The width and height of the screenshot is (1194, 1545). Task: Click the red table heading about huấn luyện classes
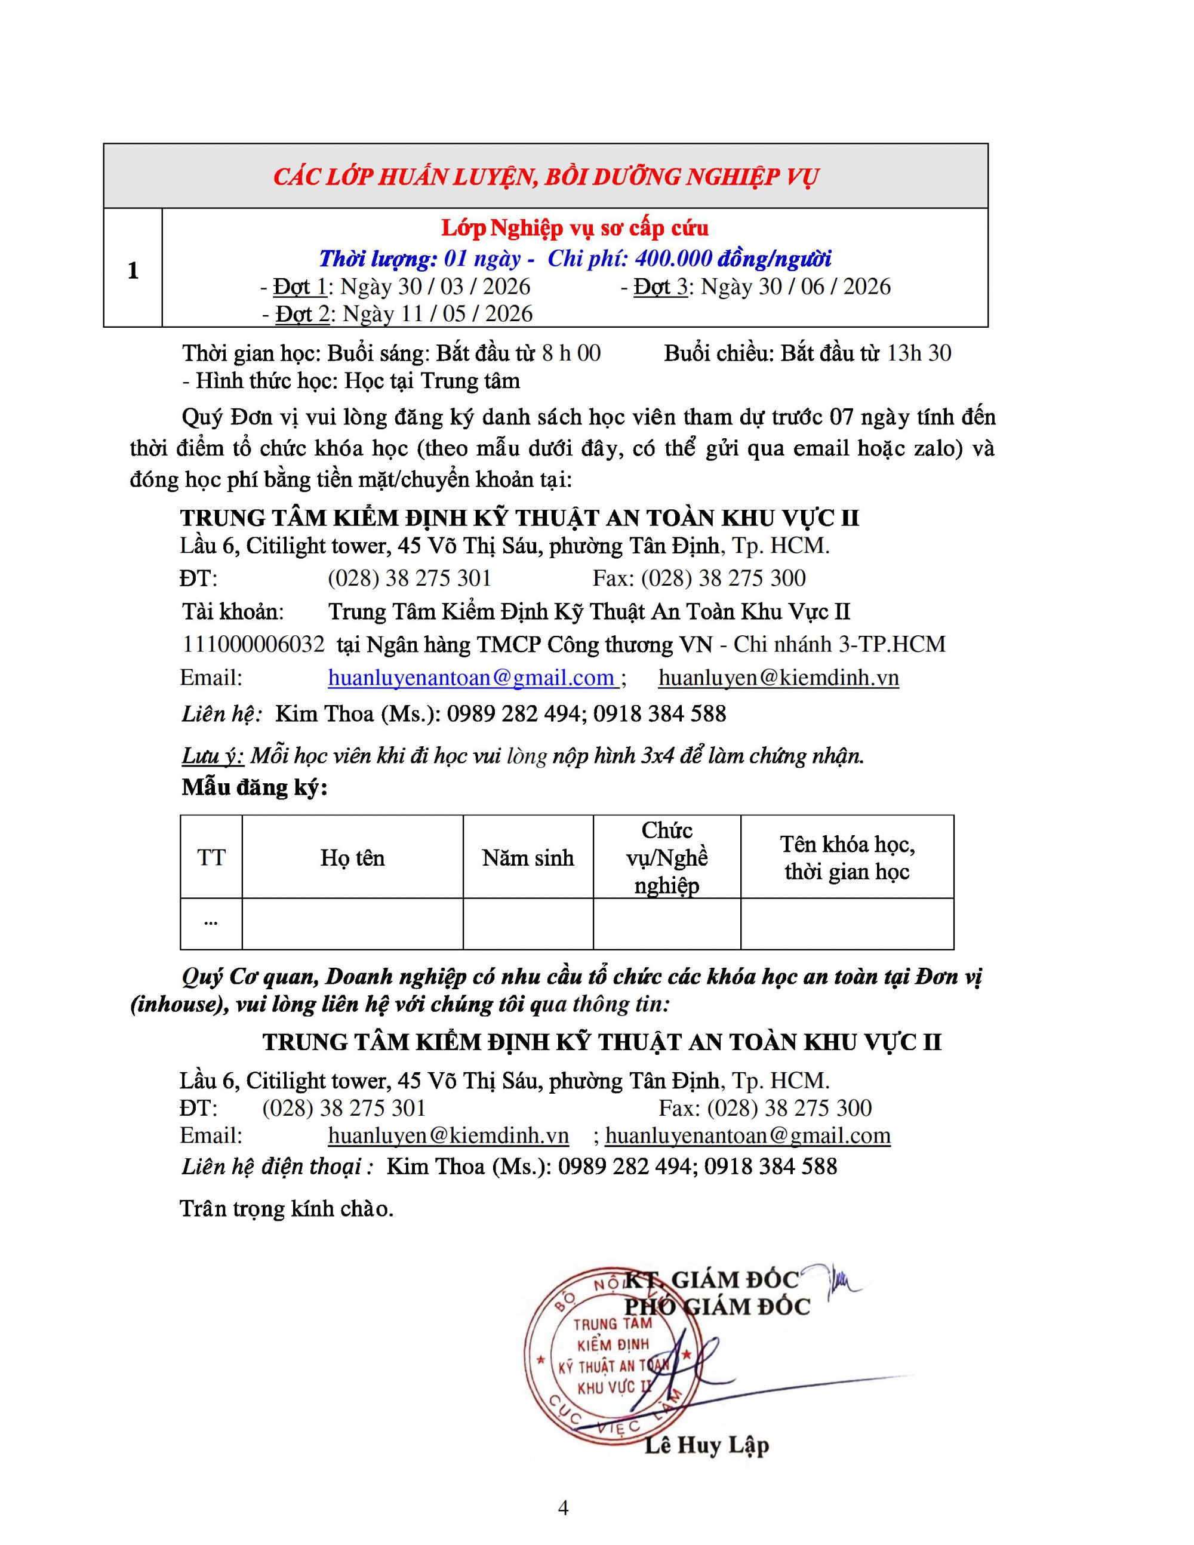point(546,176)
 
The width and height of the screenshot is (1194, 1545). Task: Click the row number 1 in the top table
point(133,270)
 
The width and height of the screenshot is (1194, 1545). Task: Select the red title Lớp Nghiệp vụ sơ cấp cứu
point(574,228)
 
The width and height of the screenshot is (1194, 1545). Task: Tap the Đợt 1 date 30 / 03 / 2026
point(435,287)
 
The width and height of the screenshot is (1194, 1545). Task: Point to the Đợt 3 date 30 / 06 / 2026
point(796,287)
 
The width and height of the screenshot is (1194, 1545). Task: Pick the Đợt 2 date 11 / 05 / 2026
point(437,313)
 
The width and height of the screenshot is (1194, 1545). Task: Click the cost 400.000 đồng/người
point(733,258)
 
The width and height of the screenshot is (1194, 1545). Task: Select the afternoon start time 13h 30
point(919,352)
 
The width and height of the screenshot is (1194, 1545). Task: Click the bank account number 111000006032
point(253,644)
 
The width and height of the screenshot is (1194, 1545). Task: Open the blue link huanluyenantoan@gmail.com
point(471,678)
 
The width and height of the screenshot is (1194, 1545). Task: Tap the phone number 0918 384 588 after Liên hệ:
point(659,713)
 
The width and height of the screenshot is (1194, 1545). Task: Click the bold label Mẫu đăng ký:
point(255,787)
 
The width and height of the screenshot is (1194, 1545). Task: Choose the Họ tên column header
point(352,857)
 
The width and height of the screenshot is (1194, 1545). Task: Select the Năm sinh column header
point(528,857)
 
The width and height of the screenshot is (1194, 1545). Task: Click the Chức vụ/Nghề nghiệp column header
point(666,857)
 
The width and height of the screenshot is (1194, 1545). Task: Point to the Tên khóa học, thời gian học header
point(847,857)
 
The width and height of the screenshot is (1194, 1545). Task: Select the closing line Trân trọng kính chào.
point(287,1208)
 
